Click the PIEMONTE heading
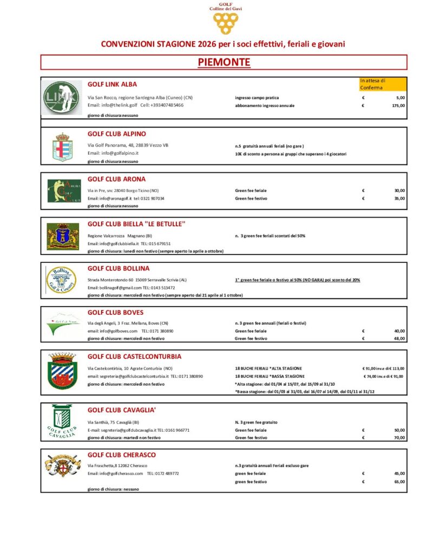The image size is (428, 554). click(x=223, y=63)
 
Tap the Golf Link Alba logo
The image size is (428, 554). click(x=62, y=98)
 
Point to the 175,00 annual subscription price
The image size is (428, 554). click(x=398, y=105)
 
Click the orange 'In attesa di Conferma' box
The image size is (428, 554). click(x=383, y=83)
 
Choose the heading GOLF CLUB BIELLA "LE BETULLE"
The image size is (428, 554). click(x=137, y=224)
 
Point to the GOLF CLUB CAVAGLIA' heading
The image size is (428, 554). click(x=122, y=410)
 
